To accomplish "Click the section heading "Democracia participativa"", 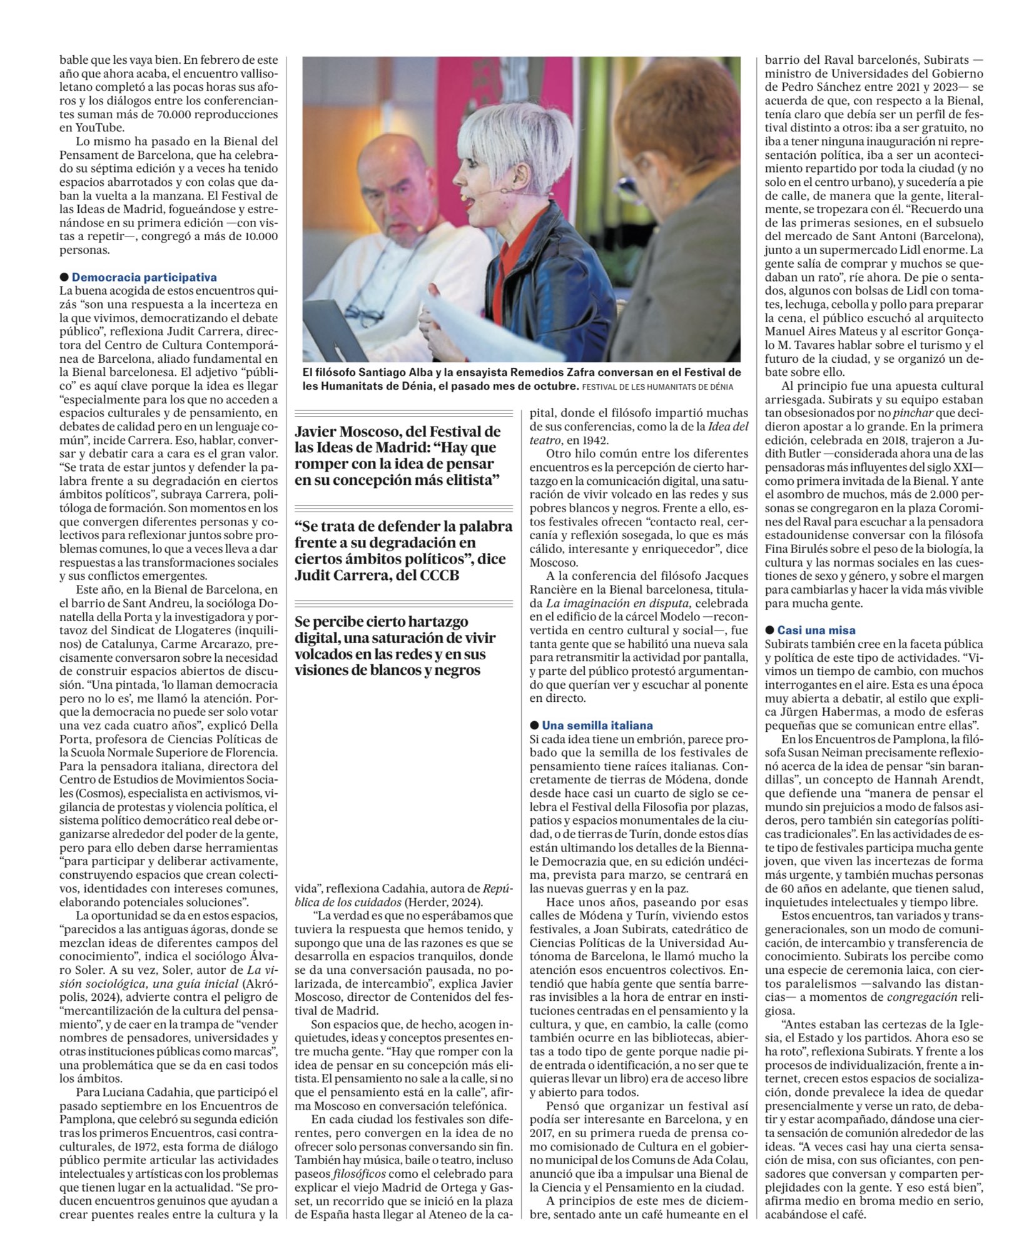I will click(x=144, y=277).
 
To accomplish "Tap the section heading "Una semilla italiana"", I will click(x=597, y=726).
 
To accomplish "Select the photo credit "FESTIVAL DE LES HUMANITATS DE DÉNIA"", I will click(x=657, y=387).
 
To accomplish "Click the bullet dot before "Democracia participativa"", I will click(x=64, y=277).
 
